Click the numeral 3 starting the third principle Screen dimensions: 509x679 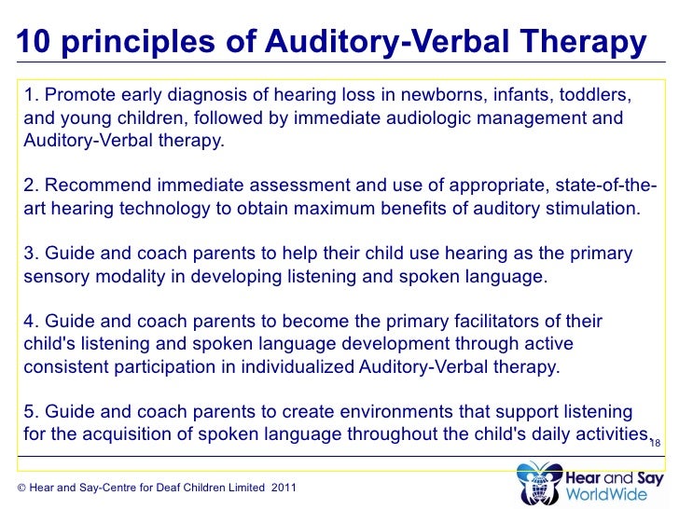pyautogui.click(x=29, y=254)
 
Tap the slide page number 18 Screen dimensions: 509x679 pyautogui.click(x=655, y=443)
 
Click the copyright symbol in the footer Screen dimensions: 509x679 pyautogui.click(x=21, y=488)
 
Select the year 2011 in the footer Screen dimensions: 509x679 pyautogui.click(x=284, y=488)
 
